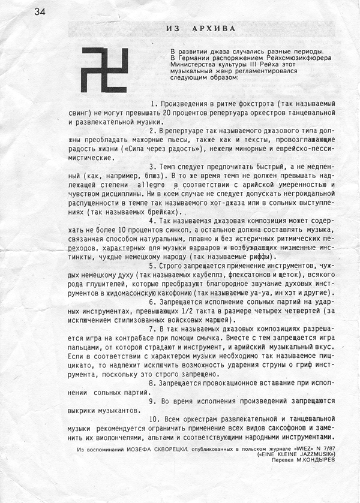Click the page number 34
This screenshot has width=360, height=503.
pyautogui.click(x=40, y=12)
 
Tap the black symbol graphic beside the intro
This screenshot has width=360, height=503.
pyautogui.click(x=105, y=70)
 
